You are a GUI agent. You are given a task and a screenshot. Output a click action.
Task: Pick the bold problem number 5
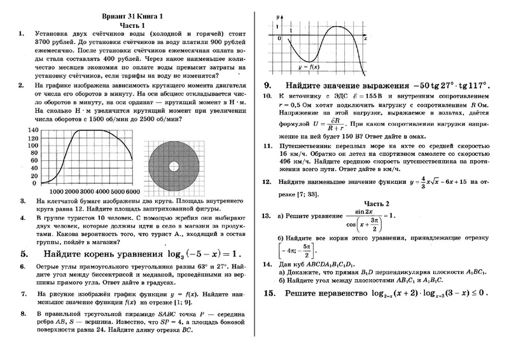24,253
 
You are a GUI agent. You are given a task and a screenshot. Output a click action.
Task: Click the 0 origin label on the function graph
279,39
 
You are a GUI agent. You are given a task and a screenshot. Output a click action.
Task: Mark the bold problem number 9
268,85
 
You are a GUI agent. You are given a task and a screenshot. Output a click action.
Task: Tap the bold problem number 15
268,293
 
